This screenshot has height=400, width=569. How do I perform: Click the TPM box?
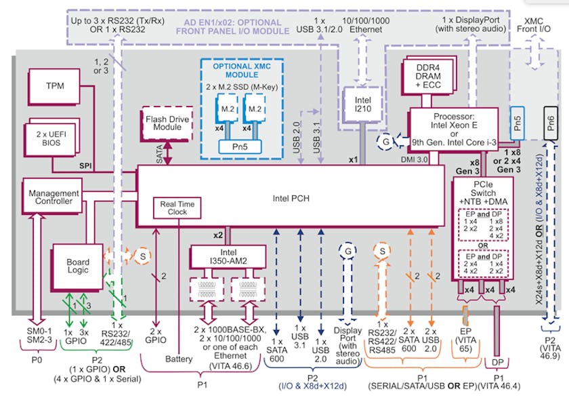[54, 87]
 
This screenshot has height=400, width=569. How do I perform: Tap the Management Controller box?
[54, 197]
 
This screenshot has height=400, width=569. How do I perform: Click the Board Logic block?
[77, 266]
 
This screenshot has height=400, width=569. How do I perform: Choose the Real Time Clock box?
[178, 208]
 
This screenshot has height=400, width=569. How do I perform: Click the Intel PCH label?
[291, 199]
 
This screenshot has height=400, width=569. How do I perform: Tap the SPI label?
[85, 165]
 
